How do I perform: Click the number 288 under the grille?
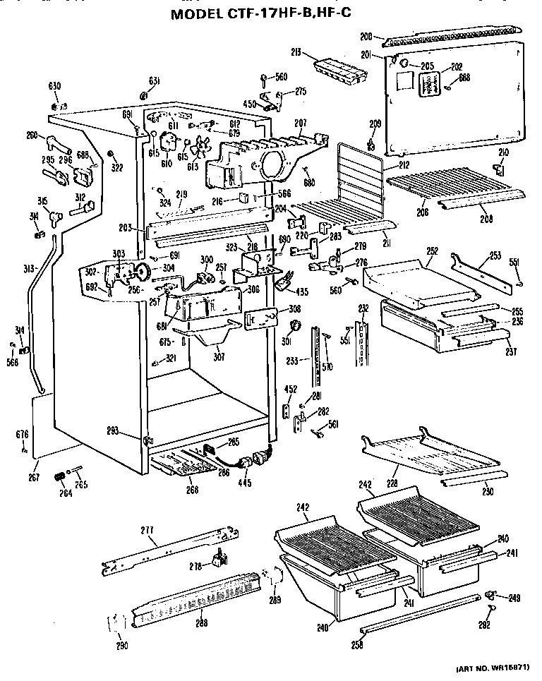tap(202, 623)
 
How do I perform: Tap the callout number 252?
tap(432, 251)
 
